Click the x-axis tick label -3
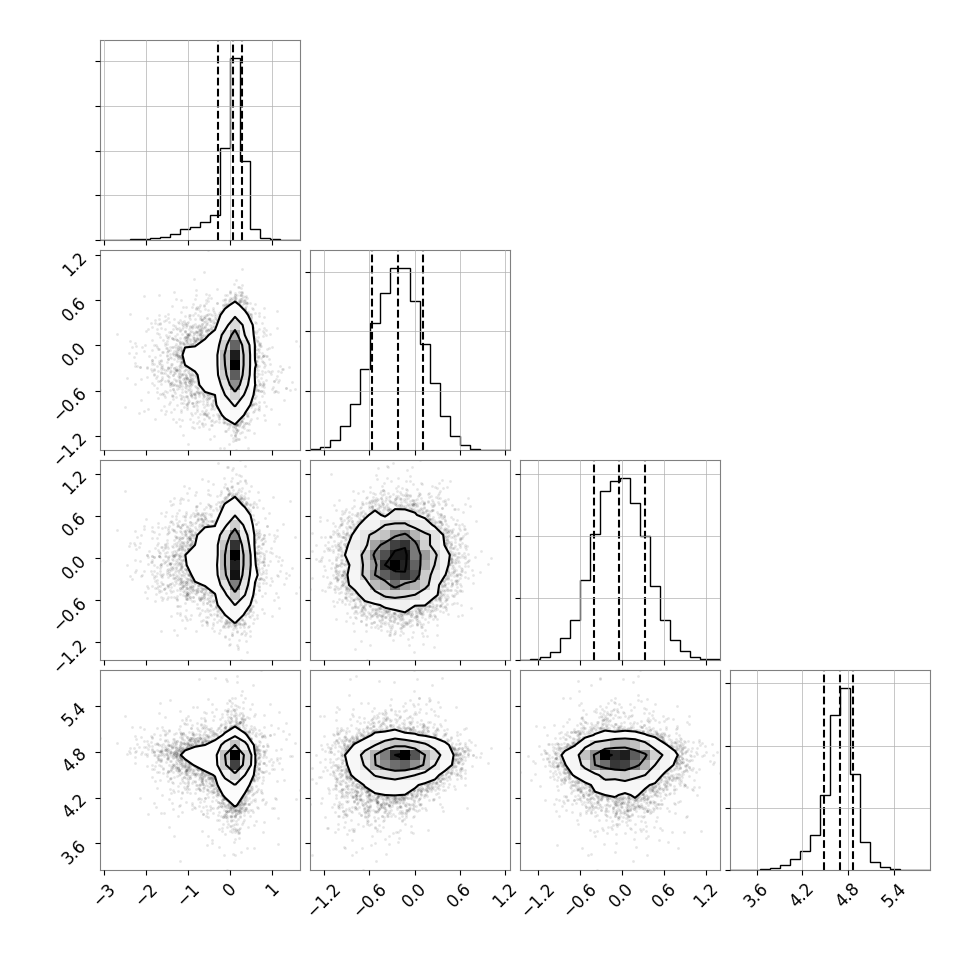click(x=105, y=892)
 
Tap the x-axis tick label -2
click(x=147, y=892)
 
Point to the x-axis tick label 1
click(x=273, y=891)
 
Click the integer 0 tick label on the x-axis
click(x=230, y=891)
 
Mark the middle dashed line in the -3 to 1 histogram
click(x=233, y=141)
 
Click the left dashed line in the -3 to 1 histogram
click(x=218, y=141)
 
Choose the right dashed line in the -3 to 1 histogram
click(x=242, y=141)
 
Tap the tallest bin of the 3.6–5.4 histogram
click(x=845, y=779)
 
